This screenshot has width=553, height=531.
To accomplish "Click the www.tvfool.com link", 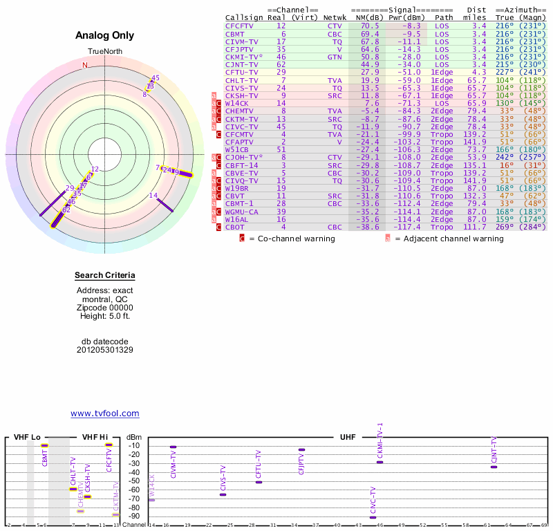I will [104, 413].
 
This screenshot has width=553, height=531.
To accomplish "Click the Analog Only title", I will [104, 36].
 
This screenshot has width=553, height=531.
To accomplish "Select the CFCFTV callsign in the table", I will [240, 26].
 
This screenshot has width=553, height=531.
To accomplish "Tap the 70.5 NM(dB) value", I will [370, 26].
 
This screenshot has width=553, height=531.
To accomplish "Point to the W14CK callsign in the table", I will [237, 103].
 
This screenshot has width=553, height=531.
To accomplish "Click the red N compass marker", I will [85, 66].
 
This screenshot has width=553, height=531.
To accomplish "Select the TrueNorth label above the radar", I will [104, 52].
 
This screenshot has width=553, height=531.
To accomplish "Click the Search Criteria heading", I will [104, 276].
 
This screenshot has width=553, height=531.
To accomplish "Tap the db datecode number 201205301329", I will [104, 350].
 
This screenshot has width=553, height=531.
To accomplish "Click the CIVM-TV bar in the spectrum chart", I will [173, 447].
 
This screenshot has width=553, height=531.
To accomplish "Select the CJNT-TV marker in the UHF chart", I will [494, 467].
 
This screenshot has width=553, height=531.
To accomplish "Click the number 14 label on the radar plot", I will [153, 196].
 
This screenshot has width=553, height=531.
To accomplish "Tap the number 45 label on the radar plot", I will [156, 78].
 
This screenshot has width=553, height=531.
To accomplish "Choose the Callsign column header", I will [242, 17].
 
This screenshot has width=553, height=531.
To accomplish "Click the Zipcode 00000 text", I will [104, 308].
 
